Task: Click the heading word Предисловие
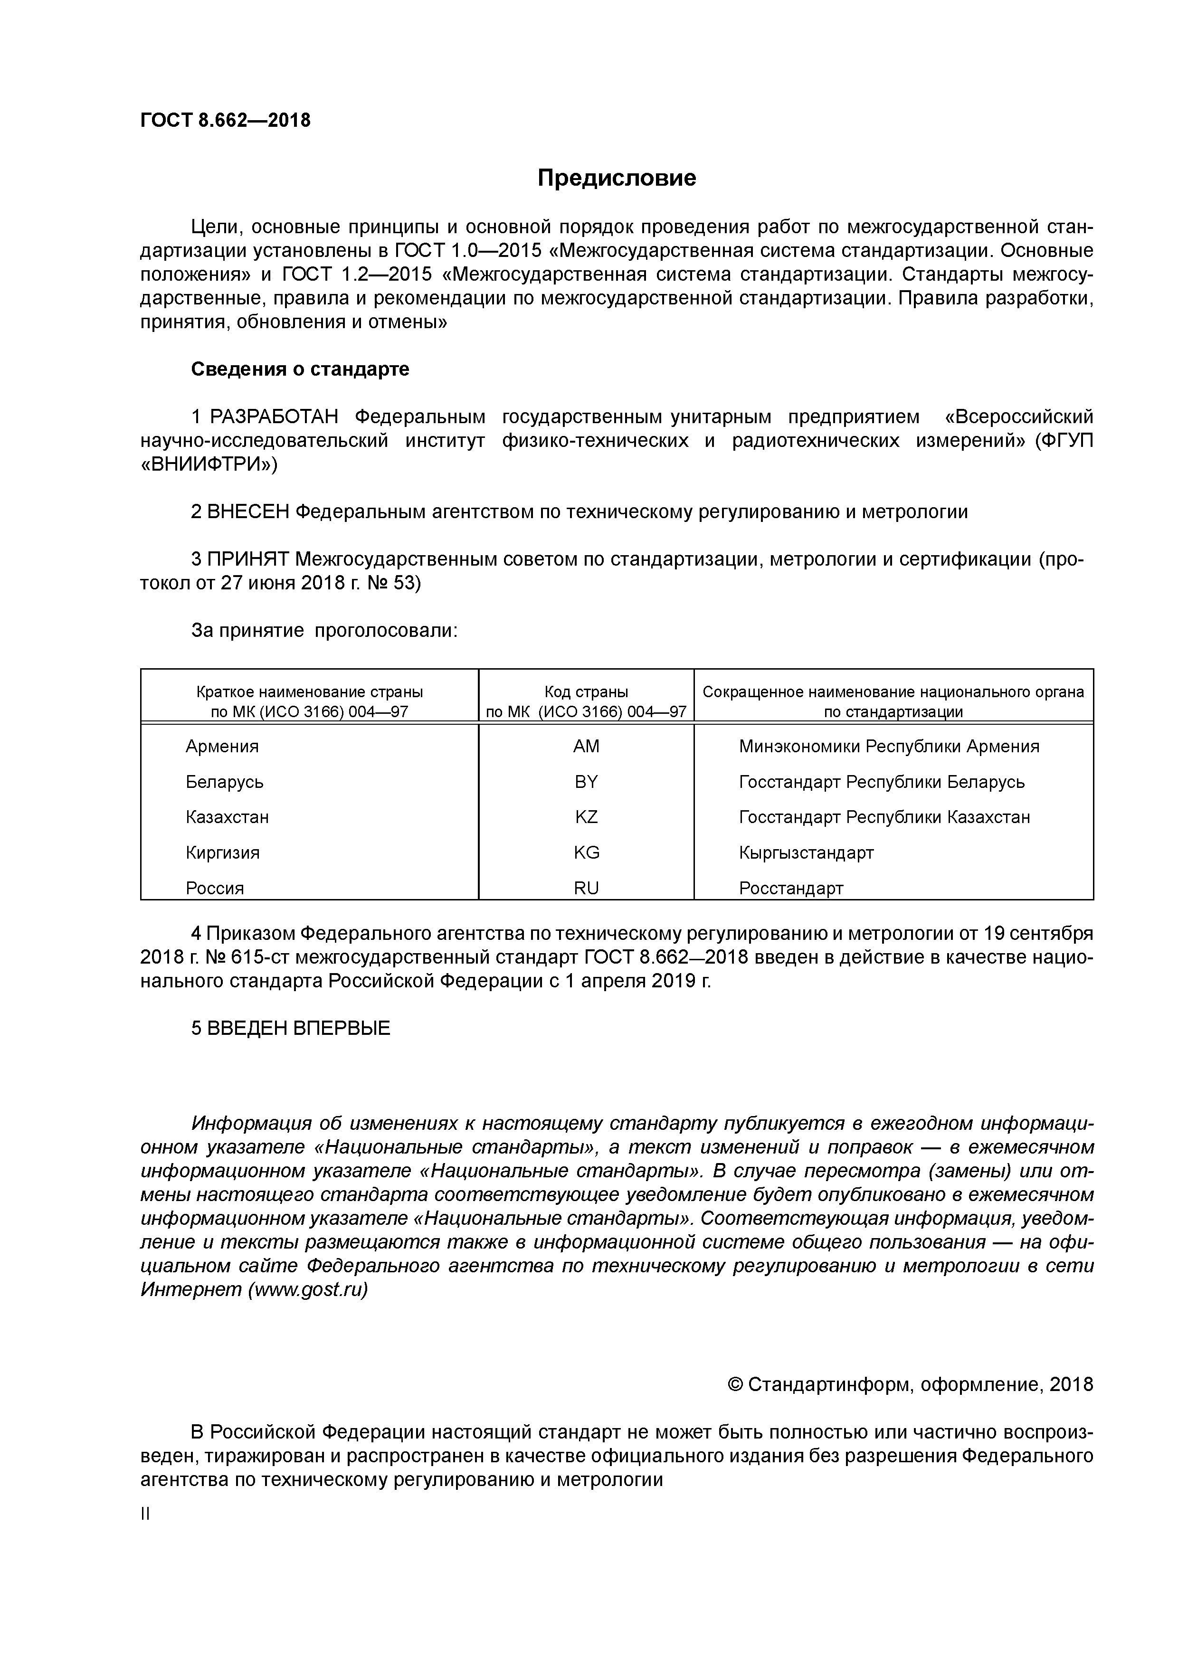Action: pyautogui.click(x=616, y=178)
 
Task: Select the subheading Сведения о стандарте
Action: pyautogui.click(x=300, y=369)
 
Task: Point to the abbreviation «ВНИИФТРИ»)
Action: pyautogui.click(x=209, y=464)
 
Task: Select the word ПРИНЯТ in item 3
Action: pyautogui.click(x=248, y=559)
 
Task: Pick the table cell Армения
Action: pyautogui.click(x=222, y=747)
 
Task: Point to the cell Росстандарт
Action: pyautogui.click(x=791, y=888)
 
